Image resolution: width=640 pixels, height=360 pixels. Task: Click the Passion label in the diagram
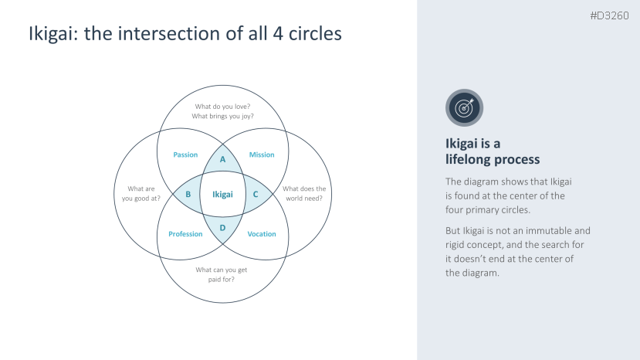coord(185,155)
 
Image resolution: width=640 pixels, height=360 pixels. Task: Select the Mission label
coord(262,155)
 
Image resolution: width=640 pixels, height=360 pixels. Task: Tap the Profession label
coord(185,234)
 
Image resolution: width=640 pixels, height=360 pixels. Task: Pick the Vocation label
coord(262,234)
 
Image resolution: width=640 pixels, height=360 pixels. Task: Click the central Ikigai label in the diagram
coord(222,195)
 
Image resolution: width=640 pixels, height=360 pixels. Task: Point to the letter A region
coord(222,159)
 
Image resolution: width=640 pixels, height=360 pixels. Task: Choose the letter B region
coord(188,195)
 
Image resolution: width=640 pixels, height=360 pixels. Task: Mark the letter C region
coord(256,195)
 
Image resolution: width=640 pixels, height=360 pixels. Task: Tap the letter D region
coord(222,227)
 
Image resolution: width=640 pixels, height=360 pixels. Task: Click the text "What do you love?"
coord(222,107)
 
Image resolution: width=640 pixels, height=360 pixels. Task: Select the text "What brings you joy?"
coord(222,117)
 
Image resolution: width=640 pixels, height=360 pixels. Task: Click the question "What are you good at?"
coord(141,193)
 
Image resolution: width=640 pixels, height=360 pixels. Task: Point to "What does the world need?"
coord(304,193)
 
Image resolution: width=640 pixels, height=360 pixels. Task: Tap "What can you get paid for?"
coord(222,274)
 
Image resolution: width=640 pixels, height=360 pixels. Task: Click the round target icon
coord(464,108)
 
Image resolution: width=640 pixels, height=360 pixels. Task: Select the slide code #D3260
coord(610,15)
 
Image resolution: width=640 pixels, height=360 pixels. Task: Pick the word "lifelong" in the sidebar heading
coord(469,159)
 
